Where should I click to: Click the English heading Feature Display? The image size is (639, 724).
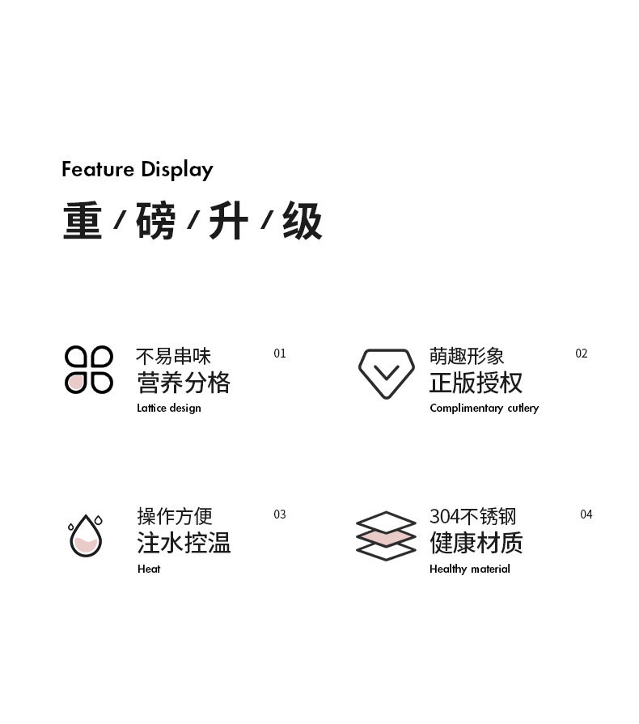click(x=138, y=170)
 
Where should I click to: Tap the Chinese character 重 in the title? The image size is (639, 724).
click(x=83, y=221)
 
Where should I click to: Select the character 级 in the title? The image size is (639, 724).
click(x=303, y=221)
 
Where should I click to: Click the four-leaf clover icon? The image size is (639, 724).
click(x=88, y=370)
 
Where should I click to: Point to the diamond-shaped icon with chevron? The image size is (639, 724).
click(x=386, y=373)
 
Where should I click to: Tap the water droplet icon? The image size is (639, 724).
click(x=85, y=536)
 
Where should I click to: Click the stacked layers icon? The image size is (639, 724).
click(x=386, y=536)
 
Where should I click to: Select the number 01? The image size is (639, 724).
click(x=280, y=354)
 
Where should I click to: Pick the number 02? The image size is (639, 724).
click(x=582, y=354)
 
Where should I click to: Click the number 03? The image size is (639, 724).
click(x=280, y=514)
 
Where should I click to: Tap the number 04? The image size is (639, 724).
click(x=586, y=514)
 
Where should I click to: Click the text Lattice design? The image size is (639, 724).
click(x=169, y=408)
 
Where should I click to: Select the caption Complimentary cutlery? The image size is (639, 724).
click(x=484, y=408)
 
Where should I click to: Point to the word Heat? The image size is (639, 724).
click(x=149, y=569)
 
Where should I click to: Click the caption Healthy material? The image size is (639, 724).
click(x=470, y=569)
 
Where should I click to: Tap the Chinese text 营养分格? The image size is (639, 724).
click(x=184, y=383)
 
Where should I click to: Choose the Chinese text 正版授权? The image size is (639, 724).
click(x=476, y=383)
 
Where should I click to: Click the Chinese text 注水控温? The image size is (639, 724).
click(x=184, y=542)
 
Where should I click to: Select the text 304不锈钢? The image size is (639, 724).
click(x=472, y=516)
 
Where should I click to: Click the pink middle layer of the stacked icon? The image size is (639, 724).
click(x=386, y=536)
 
